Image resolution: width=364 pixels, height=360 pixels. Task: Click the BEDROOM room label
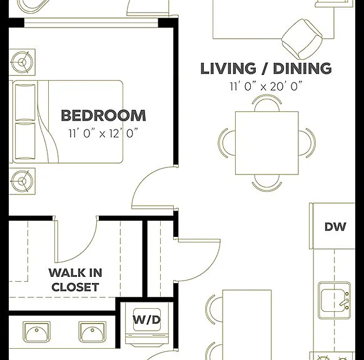(103, 116)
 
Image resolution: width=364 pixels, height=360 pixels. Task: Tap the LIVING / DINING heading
(266, 68)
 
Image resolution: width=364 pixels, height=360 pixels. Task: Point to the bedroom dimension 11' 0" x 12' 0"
(103, 133)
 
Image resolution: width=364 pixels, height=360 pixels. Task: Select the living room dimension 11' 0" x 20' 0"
(266, 86)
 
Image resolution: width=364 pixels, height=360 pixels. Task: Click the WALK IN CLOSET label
(76, 280)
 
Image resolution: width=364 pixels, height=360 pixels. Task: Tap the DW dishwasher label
(335, 227)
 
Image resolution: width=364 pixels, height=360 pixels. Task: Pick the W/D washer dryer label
(147, 319)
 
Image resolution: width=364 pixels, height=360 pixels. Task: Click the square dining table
(266, 143)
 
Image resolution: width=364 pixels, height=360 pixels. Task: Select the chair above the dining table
(267, 102)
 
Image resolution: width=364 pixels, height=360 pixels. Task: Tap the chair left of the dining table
(226, 143)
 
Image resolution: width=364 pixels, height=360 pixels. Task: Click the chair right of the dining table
(307, 143)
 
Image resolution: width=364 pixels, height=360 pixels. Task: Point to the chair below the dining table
(267, 183)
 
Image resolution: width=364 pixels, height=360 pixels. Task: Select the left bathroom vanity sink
(36, 332)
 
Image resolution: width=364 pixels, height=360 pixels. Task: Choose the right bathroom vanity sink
(93, 332)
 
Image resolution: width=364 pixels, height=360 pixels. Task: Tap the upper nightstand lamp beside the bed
(23, 62)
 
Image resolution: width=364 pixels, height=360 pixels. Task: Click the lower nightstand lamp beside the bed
(23, 181)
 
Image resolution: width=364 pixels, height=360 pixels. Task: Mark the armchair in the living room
(302, 39)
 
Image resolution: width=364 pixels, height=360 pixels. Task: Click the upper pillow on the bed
(25, 102)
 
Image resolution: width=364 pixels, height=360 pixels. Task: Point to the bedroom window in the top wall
(91, 22)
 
